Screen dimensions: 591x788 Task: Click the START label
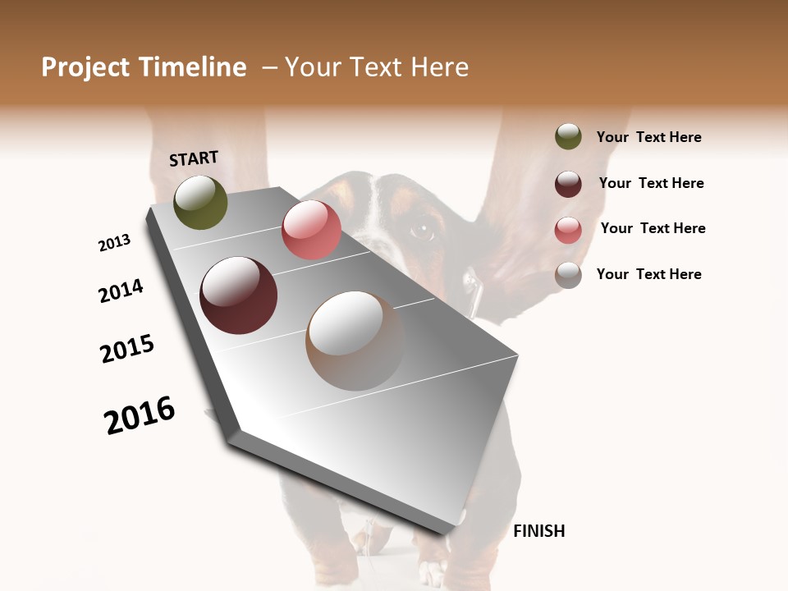(x=194, y=158)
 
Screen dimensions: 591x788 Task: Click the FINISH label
(x=538, y=531)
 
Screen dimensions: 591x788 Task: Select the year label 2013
(x=114, y=243)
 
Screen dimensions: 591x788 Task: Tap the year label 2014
(x=121, y=291)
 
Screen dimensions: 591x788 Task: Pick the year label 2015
(x=127, y=349)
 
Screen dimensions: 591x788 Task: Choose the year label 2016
(x=140, y=415)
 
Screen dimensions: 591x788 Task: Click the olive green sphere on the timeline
(x=200, y=202)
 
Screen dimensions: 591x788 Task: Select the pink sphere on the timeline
(x=311, y=230)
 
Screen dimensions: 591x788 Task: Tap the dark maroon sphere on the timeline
(x=238, y=295)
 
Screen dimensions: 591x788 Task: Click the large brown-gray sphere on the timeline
(x=355, y=341)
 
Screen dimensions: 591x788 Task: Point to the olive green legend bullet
(x=568, y=136)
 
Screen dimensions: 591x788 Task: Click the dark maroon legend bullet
(x=568, y=184)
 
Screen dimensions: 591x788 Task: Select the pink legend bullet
(x=568, y=230)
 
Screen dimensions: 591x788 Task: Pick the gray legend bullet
(x=568, y=275)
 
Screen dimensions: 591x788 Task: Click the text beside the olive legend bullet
(x=648, y=137)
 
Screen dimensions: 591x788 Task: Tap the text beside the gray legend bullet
(x=648, y=274)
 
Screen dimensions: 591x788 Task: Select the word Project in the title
(x=86, y=67)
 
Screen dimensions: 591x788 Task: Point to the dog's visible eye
(x=422, y=231)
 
